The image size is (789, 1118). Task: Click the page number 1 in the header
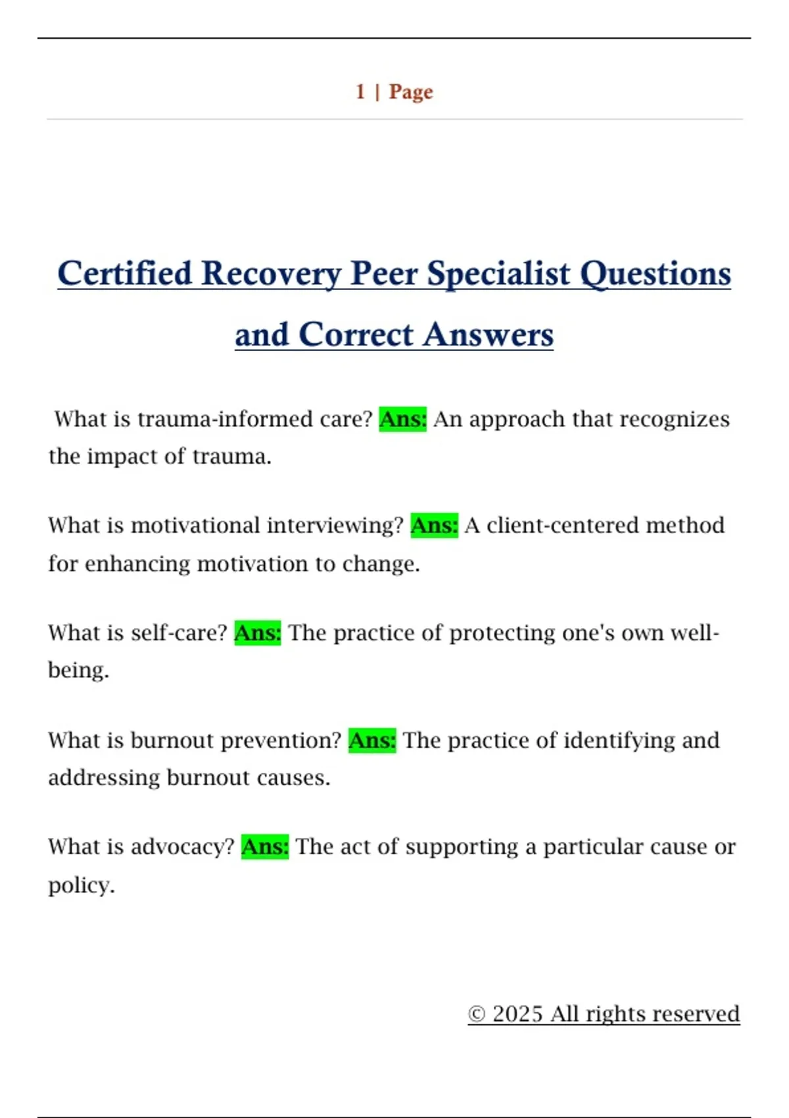(x=360, y=91)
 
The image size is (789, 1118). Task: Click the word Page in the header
(x=411, y=91)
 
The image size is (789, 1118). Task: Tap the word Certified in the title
(x=124, y=274)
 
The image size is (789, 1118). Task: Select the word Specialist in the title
(x=499, y=274)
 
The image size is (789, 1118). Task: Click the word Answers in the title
(x=488, y=335)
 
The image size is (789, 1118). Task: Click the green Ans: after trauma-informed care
(x=403, y=419)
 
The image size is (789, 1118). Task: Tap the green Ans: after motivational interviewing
(x=434, y=525)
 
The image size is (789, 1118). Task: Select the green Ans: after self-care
(x=258, y=633)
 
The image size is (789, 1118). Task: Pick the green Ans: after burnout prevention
(x=372, y=741)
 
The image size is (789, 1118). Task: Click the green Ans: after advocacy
(x=265, y=847)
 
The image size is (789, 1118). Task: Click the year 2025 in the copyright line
(x=517, y=1014)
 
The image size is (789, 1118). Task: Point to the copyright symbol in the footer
(x=477, y=1014)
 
